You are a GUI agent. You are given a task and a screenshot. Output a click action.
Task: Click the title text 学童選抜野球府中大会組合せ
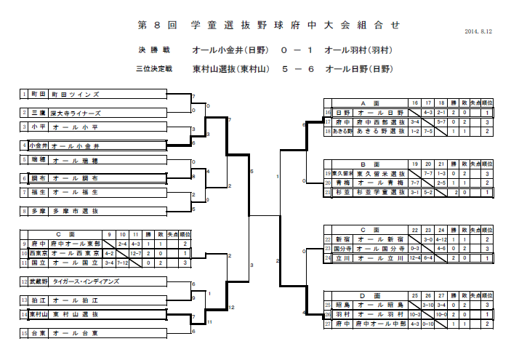[268, 25]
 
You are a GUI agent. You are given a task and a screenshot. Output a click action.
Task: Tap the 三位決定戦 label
[154, 70]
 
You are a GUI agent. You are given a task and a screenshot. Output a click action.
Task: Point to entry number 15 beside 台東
[23, 333]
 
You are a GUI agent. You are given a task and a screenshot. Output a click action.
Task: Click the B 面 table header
[366, 165]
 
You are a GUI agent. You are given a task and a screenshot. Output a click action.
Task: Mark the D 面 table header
[366, 296]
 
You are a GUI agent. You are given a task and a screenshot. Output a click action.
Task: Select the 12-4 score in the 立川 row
[415, 257]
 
